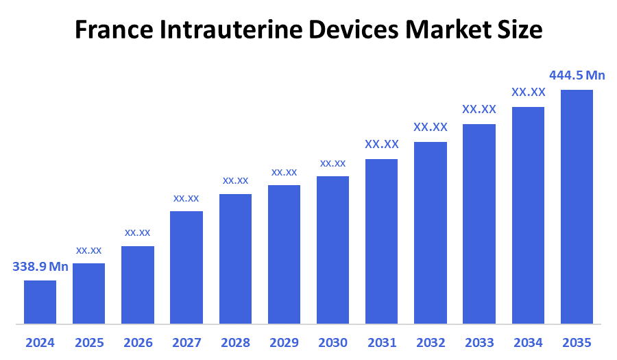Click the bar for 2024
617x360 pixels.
pyautogui.click(x=40, y=302)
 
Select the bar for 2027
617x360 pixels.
pyautogui.click(x=186, y=267)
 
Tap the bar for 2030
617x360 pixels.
pyautogui.click(x=332, y=250)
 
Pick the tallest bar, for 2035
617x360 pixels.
pyautogui.click(x=577, y=206)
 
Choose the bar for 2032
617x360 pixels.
pyautogui.click(x=431, y=232)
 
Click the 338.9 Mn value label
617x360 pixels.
pyautogui.click(x=40, y=267)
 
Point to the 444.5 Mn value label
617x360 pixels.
pyautogui.click(x=577, y=75)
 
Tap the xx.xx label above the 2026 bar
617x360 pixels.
pyautogui.click(x=137, y=232)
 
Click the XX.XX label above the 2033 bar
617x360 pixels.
pyautogui.click(x=479, y=109)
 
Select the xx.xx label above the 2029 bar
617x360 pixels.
pyautogui.click(x=284, y=172)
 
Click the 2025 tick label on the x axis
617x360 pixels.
pyautogui.click(x=88, y=342)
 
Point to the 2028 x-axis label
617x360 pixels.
pyautogui.click(x=235, y=342)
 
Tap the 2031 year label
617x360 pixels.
pyautogui.click(x=382, y=342)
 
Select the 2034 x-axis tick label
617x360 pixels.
pyautogui.click(x=528, y=342)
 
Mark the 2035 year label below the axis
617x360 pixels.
pyautogui.click(x=577, y=342)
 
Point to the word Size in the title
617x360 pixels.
pyautogui.click(x=519, y=30)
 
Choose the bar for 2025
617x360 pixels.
pyautogui.click(x=88, y=293)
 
